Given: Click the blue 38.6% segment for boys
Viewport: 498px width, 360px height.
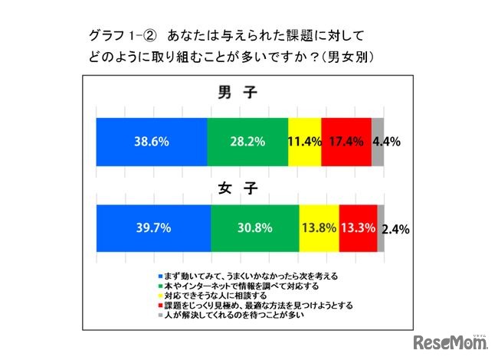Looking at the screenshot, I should pyautogui.click(x=151, y=142).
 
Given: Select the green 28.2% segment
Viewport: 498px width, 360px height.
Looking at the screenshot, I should pyautogui.click(x=247, y=142).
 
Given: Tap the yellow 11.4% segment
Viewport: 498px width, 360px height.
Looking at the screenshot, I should pyautogui.click(x=305, y=142).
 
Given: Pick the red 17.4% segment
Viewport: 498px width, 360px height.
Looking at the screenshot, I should pyautogui.click(x=346, y=142).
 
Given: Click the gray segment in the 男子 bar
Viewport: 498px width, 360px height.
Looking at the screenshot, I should pyautogui.click(x=378, y=142).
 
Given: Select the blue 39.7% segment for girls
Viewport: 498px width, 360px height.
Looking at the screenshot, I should pyautogui.click(x=152, y=228).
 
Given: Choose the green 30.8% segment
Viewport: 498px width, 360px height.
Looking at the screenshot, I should pyautogui.click(x=254, y=228).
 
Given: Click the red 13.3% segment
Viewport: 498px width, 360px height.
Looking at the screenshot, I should pyautogui.click(x=358, y=228).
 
